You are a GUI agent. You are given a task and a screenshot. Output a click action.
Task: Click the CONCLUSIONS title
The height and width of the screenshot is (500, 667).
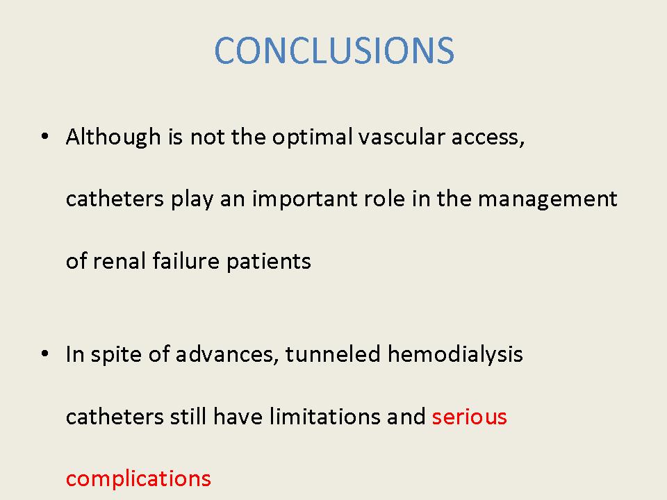[334, 51]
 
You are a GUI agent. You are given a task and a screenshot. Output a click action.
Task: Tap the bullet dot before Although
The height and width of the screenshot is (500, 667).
[44, 137]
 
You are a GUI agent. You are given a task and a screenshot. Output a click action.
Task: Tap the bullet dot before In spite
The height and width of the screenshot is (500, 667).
[44, 353]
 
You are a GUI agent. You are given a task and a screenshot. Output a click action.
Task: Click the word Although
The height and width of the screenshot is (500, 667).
[113, 137]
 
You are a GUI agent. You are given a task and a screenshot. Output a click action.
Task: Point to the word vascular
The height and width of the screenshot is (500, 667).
[402, 137]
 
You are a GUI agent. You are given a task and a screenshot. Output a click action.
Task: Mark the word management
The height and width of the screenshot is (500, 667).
[547, 199]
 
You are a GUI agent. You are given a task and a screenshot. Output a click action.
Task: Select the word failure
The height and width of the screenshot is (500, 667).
[186, 260]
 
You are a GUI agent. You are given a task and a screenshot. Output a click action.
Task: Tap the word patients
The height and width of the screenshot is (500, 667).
[268, 261]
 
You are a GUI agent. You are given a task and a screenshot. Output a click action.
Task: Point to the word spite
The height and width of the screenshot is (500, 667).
[116, 355]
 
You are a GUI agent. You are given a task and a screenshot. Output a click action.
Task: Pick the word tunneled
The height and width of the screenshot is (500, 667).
[333, 354]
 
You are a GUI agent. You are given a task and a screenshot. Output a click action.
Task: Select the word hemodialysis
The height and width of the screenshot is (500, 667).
[454, 355]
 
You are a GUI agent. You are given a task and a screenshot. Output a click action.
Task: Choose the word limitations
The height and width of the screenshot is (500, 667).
[325, 416]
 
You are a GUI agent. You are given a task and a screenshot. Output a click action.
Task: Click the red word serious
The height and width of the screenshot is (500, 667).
[469, 416]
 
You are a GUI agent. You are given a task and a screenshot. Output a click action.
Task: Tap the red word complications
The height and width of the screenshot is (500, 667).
[138, 478]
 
